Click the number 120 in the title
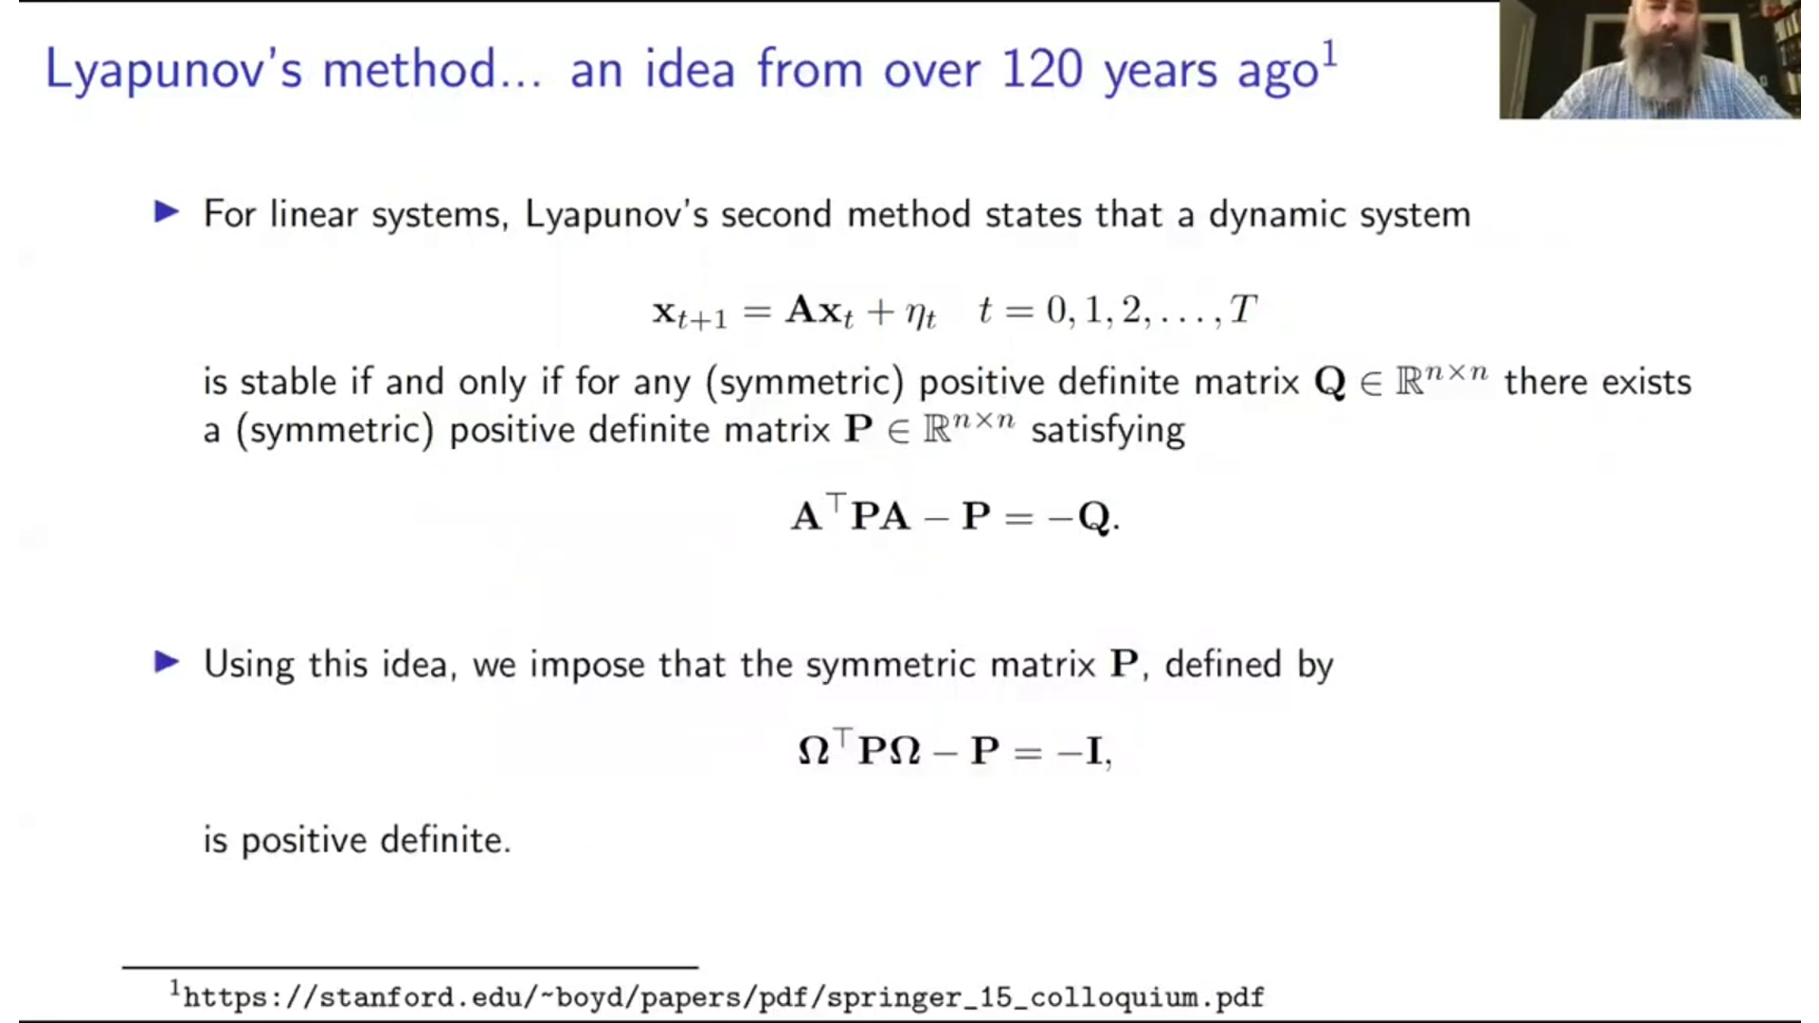[x=1041, y=70]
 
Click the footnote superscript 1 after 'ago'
[x=1330, y=54]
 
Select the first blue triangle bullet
[x=167, y=212]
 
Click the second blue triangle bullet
[x=167, y=662]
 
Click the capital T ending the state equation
[x=1242, y=309]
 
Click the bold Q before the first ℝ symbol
[x=1330, y=382]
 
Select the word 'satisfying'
[x=1108, y=431]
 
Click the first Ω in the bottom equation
[x=814, y=751]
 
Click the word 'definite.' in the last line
[x=445, y=840]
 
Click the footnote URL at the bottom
[x=723, y=997]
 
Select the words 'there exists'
[x=1597, y=382]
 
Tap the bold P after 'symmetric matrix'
[x=1125, y=664]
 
